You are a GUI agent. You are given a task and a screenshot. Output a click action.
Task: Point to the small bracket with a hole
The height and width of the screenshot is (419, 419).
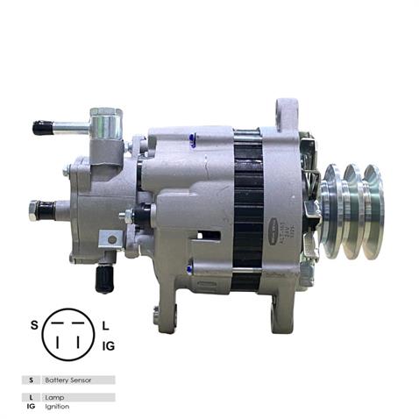[x=110, y=238]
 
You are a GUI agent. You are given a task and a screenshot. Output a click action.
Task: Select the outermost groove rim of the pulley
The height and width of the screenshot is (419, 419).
[x=372, y=209]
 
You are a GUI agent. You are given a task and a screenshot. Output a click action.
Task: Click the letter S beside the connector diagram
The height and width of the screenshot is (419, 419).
[x=34, y=325]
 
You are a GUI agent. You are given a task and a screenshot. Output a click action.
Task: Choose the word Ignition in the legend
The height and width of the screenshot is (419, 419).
[x=54, y=406]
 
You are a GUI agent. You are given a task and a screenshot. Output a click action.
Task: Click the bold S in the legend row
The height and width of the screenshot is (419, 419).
[x=30, y=380]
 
